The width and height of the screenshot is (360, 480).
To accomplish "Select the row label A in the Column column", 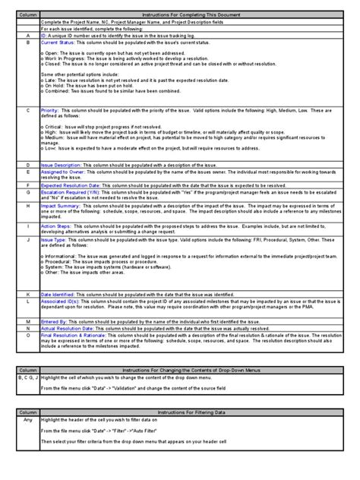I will (x=27, y=35).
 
